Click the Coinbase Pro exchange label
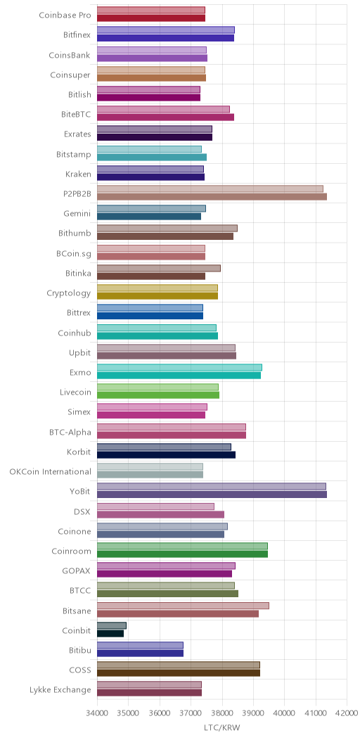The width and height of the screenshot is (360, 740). click(x=65, y=15)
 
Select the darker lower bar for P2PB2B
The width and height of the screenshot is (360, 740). click(x=212, y=196)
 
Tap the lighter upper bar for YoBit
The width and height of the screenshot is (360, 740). click(x=212, y=486)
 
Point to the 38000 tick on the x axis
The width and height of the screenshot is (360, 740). click(x=222, y=714)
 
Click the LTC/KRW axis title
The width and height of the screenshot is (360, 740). click(x=221, y=728)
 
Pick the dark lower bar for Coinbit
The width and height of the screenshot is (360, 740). click(x=110, y=633)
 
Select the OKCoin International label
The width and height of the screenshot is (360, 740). click(x=51, y=471)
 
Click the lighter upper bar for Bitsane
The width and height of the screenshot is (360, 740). click(x=183, y=605)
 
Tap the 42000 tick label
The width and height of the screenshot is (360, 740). click(x=347, y=714)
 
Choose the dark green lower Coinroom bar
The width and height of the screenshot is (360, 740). click(x=183, y=554)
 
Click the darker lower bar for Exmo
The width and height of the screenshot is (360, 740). click(x=179, y=375)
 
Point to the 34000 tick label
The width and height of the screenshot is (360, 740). click(x=97, y=714)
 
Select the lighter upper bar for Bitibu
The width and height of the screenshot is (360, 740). click(x=140, y=644)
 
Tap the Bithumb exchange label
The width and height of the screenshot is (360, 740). click(x=75, y=233)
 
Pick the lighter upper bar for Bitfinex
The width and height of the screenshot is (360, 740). click(x=166, y=30)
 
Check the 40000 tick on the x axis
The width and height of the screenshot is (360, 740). click(x=285, y=714)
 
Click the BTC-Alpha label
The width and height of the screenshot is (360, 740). click(x=70, y=432)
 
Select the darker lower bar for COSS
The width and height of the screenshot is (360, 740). click(x=179, y=673)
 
